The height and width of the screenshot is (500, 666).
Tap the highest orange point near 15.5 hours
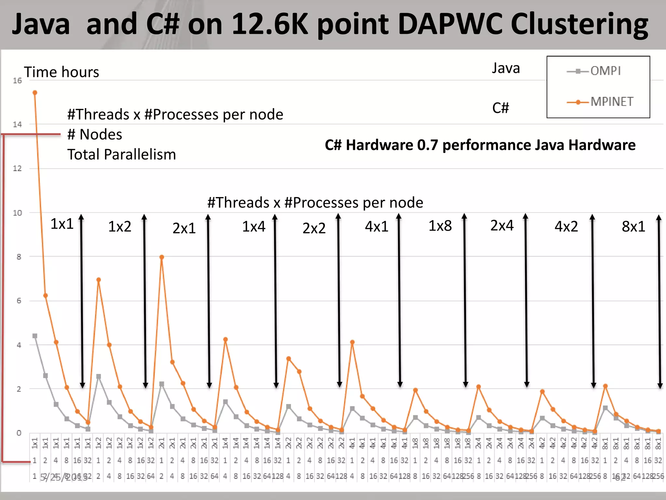point(35,93)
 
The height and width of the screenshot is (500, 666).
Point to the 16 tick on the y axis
point(17,81)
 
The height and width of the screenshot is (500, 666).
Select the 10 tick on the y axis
point(17,213)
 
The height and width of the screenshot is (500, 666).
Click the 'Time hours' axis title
point(61,72)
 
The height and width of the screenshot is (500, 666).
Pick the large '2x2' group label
point(314,228)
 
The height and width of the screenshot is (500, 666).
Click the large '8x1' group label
point(633,227)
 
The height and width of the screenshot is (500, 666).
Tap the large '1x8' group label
point(440,226)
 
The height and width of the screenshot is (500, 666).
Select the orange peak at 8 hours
point(162,257)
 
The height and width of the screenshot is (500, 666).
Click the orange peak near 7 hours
point(99,280)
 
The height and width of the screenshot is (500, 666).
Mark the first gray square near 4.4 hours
point(35,336)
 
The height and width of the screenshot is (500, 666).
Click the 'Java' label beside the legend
point(506,68)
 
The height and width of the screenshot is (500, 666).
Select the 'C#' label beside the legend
point(500,108)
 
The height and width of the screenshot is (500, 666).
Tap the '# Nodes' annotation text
point(95,134)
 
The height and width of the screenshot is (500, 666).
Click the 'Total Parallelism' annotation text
point(122,154)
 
